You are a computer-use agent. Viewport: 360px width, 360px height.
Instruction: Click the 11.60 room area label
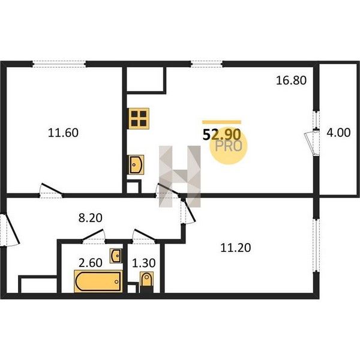63,133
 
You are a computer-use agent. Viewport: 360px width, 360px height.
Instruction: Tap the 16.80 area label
291,80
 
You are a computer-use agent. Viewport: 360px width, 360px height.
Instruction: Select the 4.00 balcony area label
338,133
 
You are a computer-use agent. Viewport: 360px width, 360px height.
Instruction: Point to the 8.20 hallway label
90,218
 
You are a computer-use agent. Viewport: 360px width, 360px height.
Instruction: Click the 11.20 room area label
236,248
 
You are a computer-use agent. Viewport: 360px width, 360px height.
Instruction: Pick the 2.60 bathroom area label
90,263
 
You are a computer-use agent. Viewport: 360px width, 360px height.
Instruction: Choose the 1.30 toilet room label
144,263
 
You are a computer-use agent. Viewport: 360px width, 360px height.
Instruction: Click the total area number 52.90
221,134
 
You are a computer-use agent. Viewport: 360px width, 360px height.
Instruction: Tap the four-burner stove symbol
139,118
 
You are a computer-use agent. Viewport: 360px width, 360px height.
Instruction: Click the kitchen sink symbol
136,164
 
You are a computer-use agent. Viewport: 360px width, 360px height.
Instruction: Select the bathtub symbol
98,281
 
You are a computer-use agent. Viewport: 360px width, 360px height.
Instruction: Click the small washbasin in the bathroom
116,256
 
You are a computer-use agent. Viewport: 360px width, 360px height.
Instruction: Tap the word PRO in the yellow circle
229,146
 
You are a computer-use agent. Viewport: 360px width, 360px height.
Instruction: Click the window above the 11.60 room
59,64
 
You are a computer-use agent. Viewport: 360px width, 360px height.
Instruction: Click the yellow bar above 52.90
221,122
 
